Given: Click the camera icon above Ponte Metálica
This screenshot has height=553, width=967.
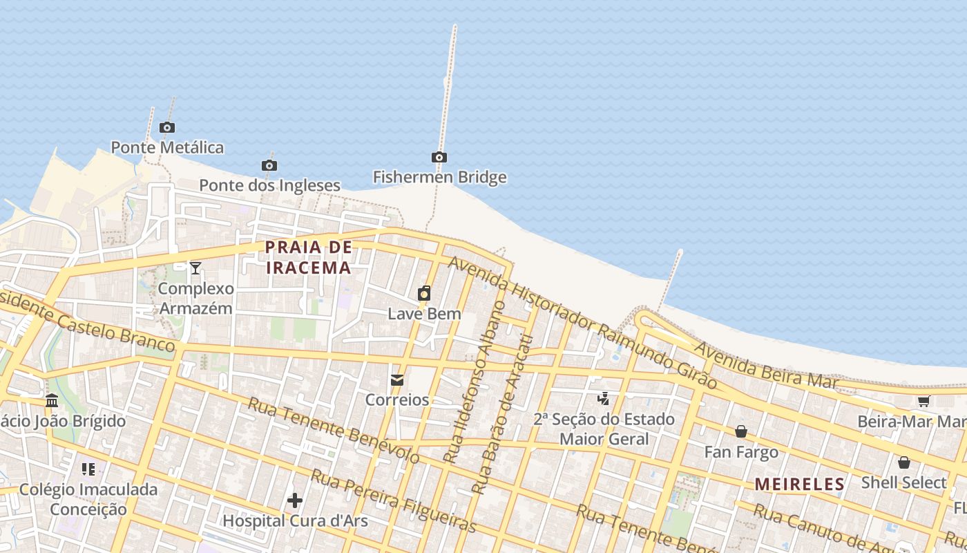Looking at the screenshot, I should tap(166, 127).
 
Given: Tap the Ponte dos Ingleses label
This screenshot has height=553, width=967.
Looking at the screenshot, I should tap(269, 185).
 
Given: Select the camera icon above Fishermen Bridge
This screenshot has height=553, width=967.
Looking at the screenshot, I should tap(439, 157).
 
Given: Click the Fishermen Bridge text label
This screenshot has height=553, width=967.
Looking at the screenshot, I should tap(440, 177).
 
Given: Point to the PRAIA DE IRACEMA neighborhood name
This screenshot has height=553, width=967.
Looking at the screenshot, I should tap(309, 257).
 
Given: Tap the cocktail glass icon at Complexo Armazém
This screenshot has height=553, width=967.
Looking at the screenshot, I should tap(195, 268).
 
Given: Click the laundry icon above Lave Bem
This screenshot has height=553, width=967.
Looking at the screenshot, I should tap(424, 293).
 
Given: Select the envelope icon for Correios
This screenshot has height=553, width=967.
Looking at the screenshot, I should tap(397, 379).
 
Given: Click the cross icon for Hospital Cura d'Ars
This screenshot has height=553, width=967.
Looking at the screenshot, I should tap(295, 500).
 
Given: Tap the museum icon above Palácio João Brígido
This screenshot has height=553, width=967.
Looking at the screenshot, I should tap(52, 400).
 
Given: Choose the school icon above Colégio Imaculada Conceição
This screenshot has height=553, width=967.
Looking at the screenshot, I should tap(88, 469).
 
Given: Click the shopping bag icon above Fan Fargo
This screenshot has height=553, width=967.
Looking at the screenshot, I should tap(741, 432).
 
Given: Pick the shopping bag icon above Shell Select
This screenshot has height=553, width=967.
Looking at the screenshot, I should tap(903, 462).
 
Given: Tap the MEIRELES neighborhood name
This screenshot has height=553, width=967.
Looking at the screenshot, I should tap(800, 485).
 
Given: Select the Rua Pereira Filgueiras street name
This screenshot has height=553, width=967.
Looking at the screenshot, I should tap(393, 501).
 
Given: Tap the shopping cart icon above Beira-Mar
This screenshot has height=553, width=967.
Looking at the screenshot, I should tap(923, 401).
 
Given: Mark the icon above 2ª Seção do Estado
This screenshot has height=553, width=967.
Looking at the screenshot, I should tap(604, 398).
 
